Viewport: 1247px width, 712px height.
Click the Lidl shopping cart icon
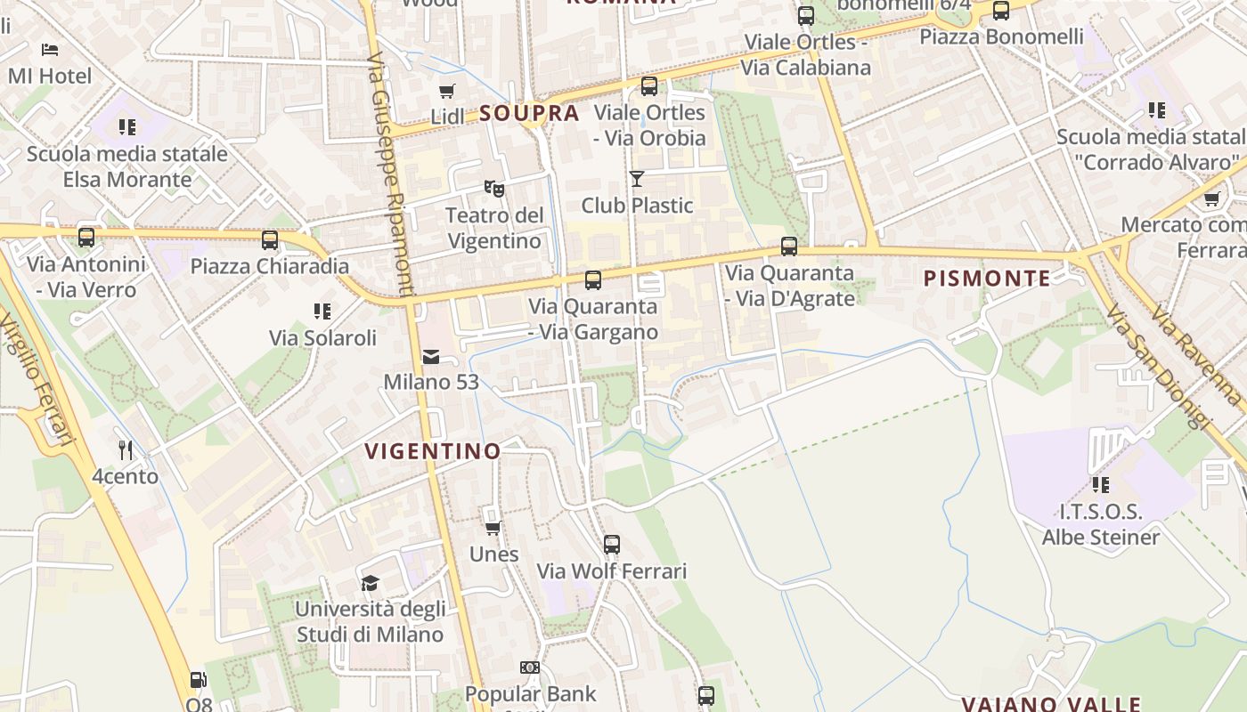[x=446, y=91]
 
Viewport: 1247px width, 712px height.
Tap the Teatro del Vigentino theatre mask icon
[x=494, y=188]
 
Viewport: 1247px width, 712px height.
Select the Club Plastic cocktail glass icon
[x=636, y=179]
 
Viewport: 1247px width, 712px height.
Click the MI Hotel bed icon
[x=50, y=49]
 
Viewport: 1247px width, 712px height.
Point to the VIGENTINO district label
[x=434, y=451]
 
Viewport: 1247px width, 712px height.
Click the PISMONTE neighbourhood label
[x=987, y=279]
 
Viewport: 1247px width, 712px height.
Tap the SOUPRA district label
[x=529, y=114]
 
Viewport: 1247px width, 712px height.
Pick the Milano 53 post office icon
[x=431, y=357]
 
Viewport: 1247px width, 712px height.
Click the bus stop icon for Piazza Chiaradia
[x=270, y=240]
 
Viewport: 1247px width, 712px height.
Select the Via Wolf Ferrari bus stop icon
[x=612, y=545]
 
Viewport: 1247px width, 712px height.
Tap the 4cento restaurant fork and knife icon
[x=126, y=450]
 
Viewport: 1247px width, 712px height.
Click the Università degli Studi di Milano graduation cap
[x=370, y=583]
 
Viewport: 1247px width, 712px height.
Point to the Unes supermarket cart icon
[x=493, y=528]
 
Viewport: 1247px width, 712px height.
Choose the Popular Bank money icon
[x=530, y=667]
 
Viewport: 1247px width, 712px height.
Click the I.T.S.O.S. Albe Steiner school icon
[x=1101, y=485]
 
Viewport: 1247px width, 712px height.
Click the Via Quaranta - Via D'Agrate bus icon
[x=789, y=247]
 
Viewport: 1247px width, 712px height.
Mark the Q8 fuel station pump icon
[x=198, y=680]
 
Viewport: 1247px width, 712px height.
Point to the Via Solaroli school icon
[x=322, y=311]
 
